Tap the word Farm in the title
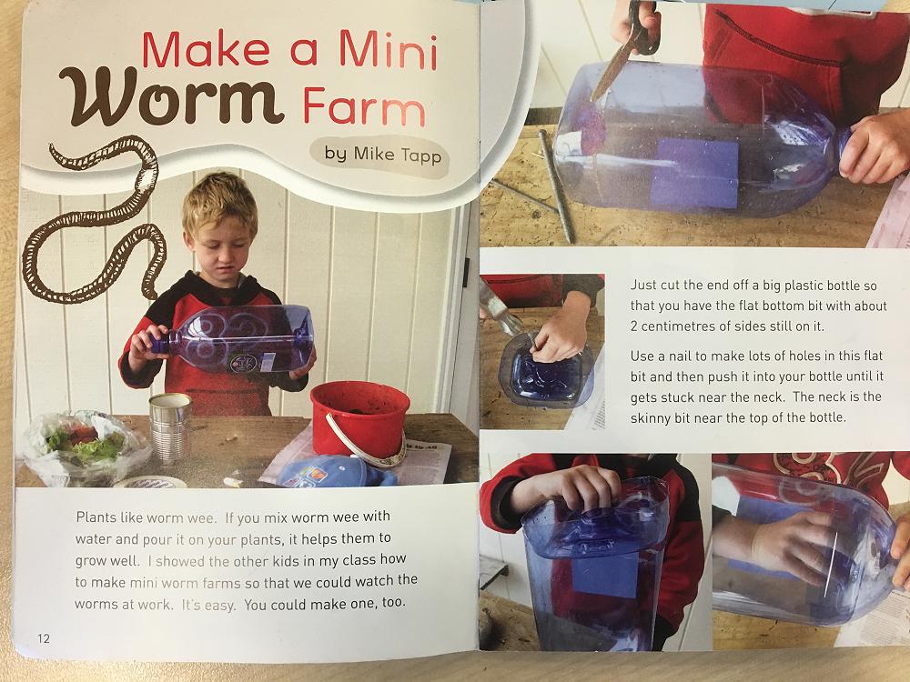(365, 106)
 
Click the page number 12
(44, 638)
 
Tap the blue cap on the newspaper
(337, 471)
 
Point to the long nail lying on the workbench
(556, 186)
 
